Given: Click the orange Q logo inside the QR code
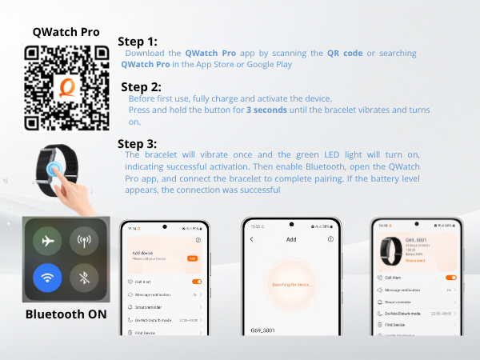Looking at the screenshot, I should pyautogui.click(x=66, y=87).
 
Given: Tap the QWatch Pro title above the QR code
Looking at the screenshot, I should pyautogui.click(x=66, y=32).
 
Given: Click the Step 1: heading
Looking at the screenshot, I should pyautogui.click(x=138, y=42).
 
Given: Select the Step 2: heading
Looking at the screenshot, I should pyautogui.click(x=141, y=86).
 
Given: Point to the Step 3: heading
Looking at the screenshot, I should pyautogui.click(x=138, y=144).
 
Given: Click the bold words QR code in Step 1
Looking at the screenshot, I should pyautogui.click(x=344, y=53).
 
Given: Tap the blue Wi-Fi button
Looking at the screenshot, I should pyautogui.click(x=47, y=278).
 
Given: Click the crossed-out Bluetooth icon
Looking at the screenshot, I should pyautogui.click(x=85, y=278).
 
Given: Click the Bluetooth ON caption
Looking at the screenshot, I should pyautogui.click(x=66, y=314).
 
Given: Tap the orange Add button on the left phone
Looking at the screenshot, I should pyautogui.click(x=192, y=258).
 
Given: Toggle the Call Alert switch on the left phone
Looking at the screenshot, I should pyautogui.click(x=196, y=282).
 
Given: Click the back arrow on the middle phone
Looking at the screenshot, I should pyautogui.click(x=251, y=239).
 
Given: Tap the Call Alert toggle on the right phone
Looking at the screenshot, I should pyautogui.click(x=450, y=278).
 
